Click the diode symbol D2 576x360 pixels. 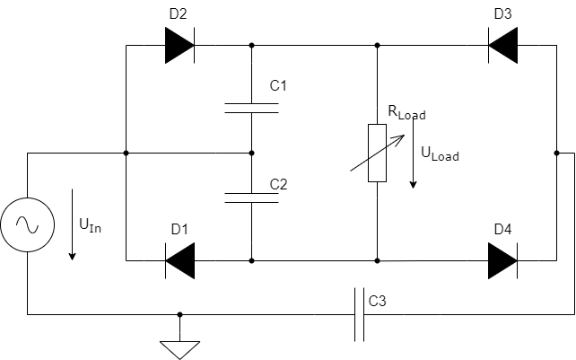pyautogui.click(x=179, y=45)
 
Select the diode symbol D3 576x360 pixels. pyautogui.click(x=502, y=45)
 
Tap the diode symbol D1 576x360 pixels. pyautogui.click(x=179, y=260)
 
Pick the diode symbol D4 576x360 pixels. pyautogui.click(x=502, y=260)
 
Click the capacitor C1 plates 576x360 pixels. pyautogui.click(x=251, y=108)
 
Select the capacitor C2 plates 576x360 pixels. pyautogui.click(x=251, y=198)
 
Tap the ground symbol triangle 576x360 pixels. pyautogui.click(x=179, y=348)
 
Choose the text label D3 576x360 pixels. pyautogui.click(x=502, y=13)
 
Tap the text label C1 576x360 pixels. pyautogui.click(x=278, y=86)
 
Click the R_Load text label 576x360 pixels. pyautogui.click(x=406, y=113)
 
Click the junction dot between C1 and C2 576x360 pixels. pyautogui.click(x=251, y=153)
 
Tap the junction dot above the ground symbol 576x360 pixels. pyautogui.click(x=179, y=314)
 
